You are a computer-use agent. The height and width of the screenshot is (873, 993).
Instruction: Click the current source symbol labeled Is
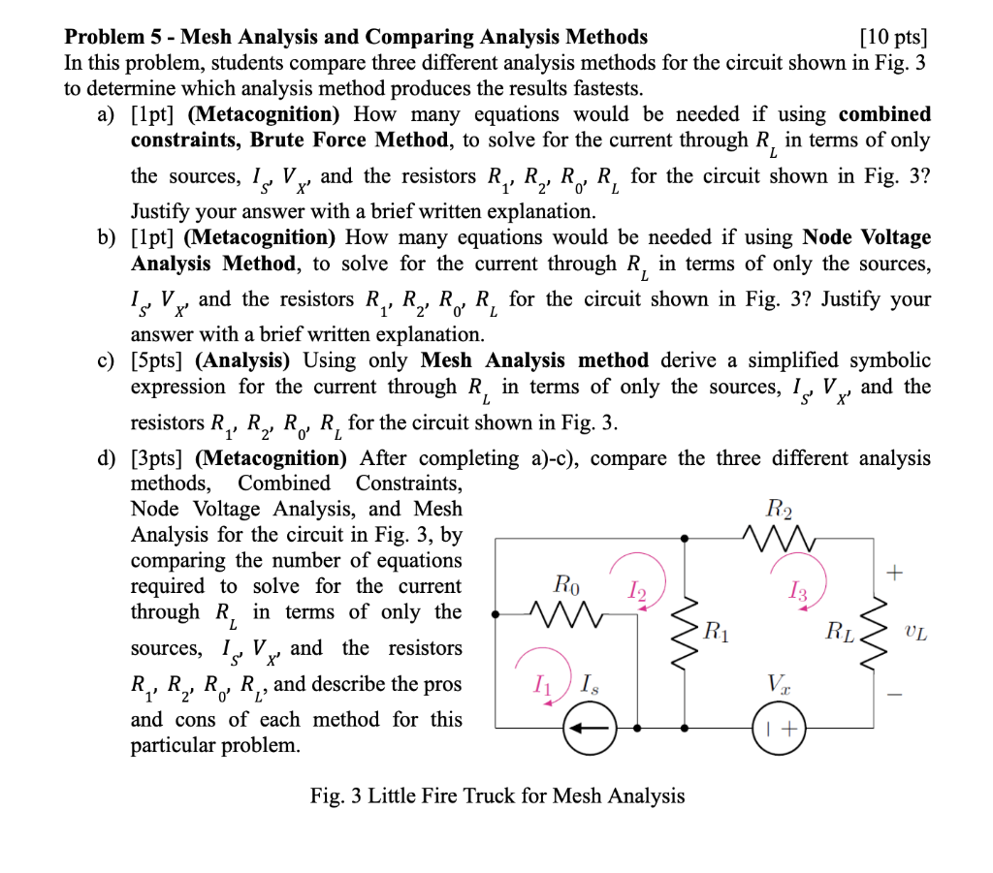click(x=584, y=726)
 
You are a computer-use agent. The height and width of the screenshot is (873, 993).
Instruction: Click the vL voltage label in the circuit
click(x=916, y=635)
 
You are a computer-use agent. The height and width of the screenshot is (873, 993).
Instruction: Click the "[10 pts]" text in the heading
click(x=893, y=38)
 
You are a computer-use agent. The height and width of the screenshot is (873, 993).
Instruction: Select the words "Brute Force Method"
click(x=350, y=140)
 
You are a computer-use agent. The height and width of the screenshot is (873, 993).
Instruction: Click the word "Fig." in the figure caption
click(x=328, y=796)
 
